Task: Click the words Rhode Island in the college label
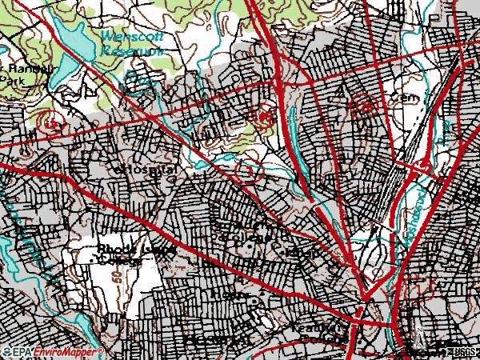(x=131, y=250)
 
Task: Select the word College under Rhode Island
(x=125, y=261)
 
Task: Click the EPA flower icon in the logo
(x=6, y=353)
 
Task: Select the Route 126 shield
(x=364, y=105)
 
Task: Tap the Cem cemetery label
(x=384, y=98)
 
